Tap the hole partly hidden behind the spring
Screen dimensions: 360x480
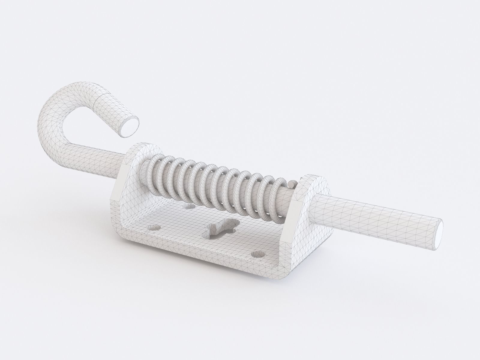click(x=189, y=207)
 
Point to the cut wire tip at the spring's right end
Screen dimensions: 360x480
click(x=290, y=183)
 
